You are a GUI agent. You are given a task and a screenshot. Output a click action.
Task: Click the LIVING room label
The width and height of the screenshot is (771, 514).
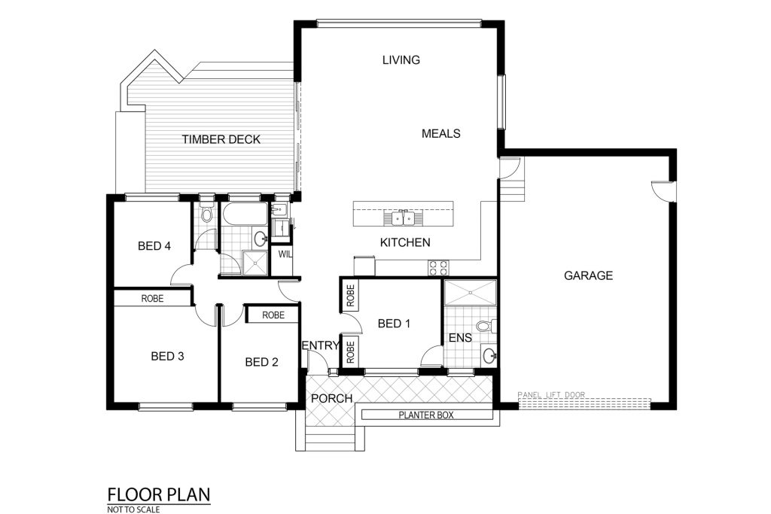click(x=401, y=60)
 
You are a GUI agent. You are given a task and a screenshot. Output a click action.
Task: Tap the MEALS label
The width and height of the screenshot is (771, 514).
click(x=441, y=134)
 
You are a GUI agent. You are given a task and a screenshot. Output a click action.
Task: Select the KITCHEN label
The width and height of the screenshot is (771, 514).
click(x=405, y=242)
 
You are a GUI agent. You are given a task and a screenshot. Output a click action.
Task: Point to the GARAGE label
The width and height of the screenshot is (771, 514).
click(x=588, y=275)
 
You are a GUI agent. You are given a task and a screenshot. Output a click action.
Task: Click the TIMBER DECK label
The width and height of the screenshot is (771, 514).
click(x=221, y=139)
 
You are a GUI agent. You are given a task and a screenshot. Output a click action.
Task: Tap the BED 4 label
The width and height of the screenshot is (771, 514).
click(x=154, y=245)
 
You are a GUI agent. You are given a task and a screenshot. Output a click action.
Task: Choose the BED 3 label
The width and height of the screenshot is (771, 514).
click(x=167, y=356)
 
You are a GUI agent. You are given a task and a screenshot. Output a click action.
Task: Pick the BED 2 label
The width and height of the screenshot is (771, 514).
click(x=261, y=362)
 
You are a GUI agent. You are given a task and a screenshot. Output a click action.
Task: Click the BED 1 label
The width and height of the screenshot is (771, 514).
click(x=394, y=324)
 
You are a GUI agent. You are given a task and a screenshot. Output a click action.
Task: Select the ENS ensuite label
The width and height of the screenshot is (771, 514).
click(x=460, y=338)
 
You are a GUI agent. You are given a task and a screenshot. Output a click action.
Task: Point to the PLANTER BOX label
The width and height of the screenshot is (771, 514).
click(x=426, y=415)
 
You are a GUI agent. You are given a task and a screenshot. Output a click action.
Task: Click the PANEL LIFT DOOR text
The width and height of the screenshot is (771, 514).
click(x=552, y=394)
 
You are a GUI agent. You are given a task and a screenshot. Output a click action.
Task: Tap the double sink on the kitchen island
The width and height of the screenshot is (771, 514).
click(x=404, y=217)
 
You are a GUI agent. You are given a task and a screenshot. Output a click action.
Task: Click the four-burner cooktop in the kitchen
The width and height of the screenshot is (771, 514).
click(x=439, y=268)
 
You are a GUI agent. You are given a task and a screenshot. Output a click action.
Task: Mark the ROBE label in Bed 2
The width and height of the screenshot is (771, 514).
click(x=273, y=315)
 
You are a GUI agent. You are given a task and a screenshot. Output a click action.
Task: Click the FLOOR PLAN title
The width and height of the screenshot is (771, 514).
click(x=159, y=494)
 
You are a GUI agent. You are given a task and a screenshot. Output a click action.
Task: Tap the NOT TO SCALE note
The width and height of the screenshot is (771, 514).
click(x=133, y=509)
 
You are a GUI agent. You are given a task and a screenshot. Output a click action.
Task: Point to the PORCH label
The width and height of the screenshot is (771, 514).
click(x=332, y=399)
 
